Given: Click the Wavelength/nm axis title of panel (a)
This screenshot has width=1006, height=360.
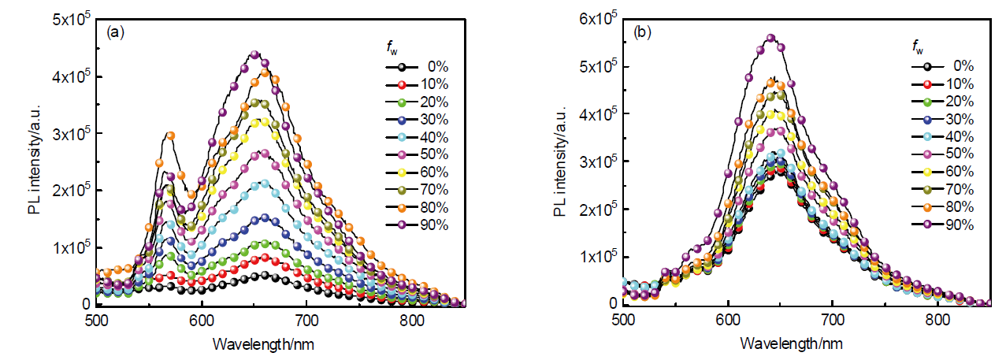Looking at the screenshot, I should [280, 344].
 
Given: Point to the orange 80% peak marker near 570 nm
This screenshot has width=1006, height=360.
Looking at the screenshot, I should [170, 135].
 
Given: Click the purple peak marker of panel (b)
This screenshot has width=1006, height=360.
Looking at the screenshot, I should [771, 38].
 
